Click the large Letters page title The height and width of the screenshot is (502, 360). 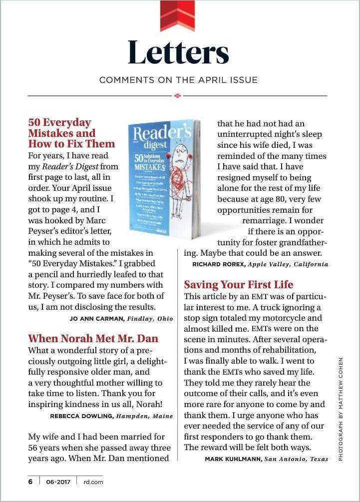click(x=178, y=52)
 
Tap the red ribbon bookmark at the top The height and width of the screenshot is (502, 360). click(x=178, y=12)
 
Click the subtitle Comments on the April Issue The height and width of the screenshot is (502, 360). click(x=178, y=80)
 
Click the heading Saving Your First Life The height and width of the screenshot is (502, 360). click(x=239, y=285)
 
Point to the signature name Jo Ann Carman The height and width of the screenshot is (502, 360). click(x=97, y=318)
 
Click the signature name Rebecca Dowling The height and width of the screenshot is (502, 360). click(x=82, y=416)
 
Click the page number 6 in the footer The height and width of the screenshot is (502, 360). click(x=30, y=482)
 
